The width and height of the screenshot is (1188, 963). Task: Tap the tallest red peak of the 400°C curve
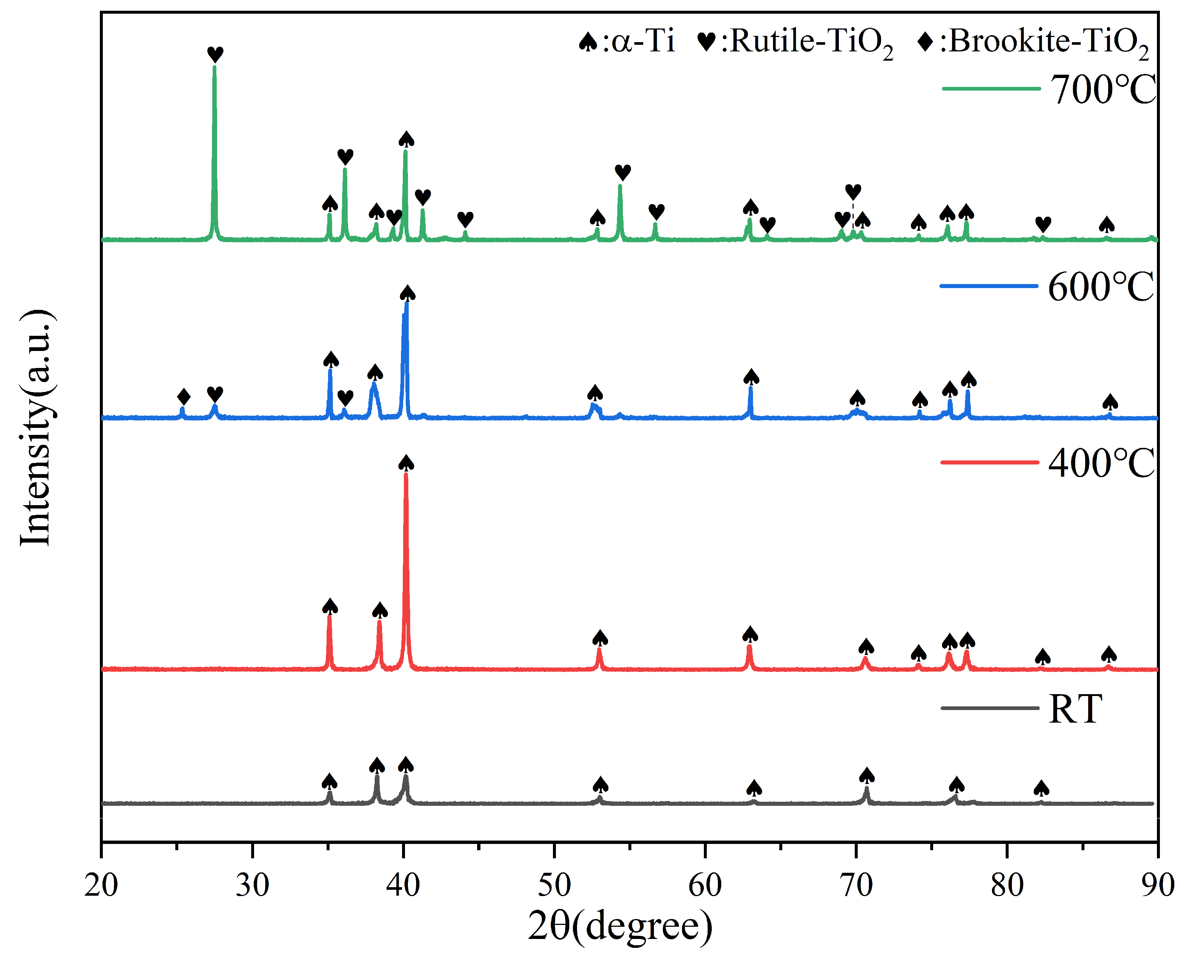406,477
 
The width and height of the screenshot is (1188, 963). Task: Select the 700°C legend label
1103,90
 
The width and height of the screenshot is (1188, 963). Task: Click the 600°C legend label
1101,287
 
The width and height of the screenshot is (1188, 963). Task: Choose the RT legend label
1075,709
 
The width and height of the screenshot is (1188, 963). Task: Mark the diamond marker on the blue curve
184,397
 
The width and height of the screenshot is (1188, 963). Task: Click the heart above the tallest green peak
215,54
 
